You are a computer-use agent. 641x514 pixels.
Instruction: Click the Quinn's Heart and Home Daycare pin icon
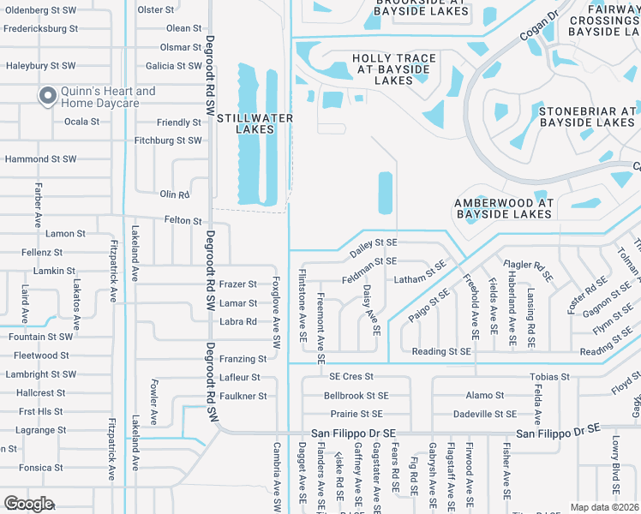pyautogui.click(x=46, y=95)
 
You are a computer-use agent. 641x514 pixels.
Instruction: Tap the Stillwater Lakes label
pyautogui.click(x=255, y=123)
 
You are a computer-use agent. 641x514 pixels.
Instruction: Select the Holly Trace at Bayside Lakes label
pyautogui.click(x=394, y=69)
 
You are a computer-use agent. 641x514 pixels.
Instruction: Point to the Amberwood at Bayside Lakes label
pyautogui.click(x=505, y=208)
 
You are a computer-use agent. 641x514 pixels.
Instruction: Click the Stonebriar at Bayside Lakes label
pyautogui.click(x=587, y=117)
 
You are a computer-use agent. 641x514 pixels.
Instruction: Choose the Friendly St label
pyautogui.click(x=179, y=123)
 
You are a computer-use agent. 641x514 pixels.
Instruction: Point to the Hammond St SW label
pyautogui.click(x=40, y=159)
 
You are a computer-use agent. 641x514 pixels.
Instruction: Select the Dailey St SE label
pyautogui.click(x=374, y=248)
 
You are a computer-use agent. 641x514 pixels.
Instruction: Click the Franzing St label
pyautogui.click(x=243, y=359)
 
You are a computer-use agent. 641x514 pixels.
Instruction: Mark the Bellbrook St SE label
pyautogui.click(x=356, y=396)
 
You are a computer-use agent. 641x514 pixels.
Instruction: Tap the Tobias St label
pyautogui.click(x=549, y=377)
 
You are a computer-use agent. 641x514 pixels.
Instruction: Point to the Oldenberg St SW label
pyautogui.click(x=42, y=11)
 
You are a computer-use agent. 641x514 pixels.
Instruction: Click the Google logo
pyautogui.click(x=28, y=504)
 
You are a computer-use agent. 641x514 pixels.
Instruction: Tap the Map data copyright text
pyautogui.click(x=605, y=507)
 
